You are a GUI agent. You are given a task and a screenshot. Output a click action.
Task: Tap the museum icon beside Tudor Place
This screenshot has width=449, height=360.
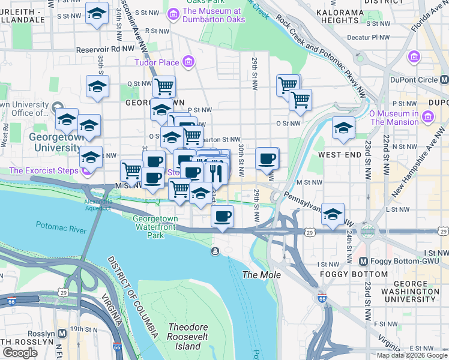tap(188, 61)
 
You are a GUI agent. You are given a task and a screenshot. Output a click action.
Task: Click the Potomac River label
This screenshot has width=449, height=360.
tap(62, 227)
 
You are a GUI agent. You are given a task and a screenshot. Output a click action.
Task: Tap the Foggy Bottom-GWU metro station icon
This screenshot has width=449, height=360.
tap(363, 262)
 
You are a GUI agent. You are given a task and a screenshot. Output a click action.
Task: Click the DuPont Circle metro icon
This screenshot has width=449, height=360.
tap(444, 80)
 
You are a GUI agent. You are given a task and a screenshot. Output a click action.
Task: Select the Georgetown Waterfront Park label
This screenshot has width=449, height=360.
tap(156, 227)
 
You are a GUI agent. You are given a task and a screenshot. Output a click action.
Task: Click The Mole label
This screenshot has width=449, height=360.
tap(258, 275)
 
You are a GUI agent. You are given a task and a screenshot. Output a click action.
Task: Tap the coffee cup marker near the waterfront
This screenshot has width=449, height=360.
tap(223, 215)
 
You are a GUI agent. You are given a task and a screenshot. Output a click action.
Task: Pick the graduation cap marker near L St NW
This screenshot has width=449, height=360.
tap(333, 213)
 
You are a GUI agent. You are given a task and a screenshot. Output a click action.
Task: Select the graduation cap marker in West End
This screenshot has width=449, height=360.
tap(343, 128)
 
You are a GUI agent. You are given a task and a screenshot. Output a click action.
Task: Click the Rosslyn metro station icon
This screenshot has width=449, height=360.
tap(62, 333)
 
